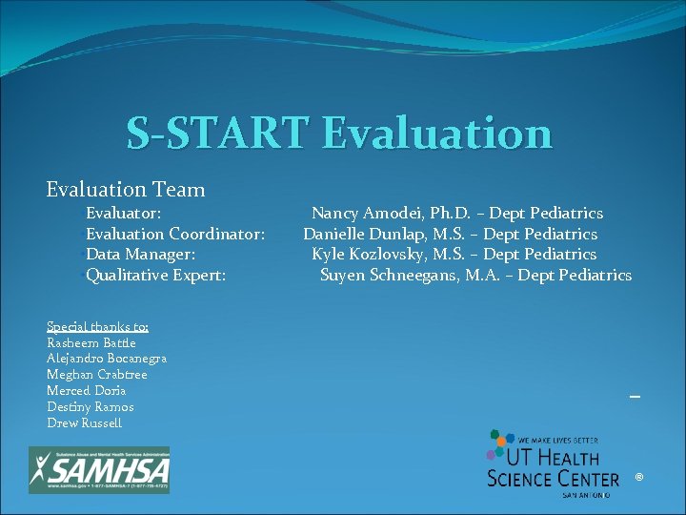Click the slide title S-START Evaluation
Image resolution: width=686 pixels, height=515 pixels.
point(339,133)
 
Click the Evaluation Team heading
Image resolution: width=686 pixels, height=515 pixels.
point(126,190)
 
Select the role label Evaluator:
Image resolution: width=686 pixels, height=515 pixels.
point(123,213)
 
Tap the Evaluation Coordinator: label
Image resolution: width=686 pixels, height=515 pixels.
point(175,234)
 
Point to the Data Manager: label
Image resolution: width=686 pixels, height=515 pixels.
point(140,255)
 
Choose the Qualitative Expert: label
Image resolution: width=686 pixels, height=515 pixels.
point(155,276)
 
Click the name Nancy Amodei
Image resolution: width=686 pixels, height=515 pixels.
point(367,214)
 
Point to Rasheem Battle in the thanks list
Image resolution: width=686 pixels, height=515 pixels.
point(91,342)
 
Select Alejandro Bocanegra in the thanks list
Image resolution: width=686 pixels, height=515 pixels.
point(107,359)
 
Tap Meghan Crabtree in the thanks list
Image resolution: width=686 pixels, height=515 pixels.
point(97,375)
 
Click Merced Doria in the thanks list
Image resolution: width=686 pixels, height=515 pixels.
point(87,391)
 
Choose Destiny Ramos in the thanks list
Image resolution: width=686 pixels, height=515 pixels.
point(91,407)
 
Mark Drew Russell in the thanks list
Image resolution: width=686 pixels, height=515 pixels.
point(85,423)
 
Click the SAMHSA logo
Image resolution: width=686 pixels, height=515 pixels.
point(99,469)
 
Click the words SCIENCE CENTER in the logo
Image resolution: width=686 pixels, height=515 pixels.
point(553,477)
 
